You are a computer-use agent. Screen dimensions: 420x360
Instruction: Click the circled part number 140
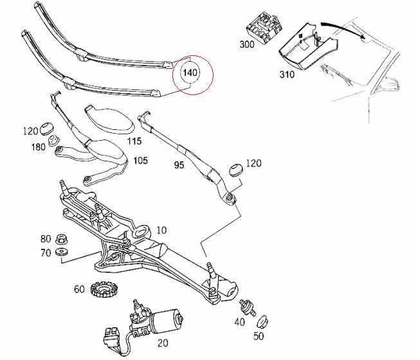[x=190, y=73]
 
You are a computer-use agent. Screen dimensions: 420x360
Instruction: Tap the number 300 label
[x=247, y=44]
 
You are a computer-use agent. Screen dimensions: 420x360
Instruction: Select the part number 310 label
[x=287, y=74]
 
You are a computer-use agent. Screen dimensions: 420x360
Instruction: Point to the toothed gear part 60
[x=101, y=289]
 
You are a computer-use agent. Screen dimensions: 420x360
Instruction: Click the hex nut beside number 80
[x=61, y=239]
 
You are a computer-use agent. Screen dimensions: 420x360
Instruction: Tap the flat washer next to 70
[x=61, y=252]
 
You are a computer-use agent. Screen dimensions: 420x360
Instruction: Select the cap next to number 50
[x=262, y=322]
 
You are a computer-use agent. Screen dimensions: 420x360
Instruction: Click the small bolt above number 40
[x=248, y=307]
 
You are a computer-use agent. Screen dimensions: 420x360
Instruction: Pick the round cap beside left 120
[x=47, y=128]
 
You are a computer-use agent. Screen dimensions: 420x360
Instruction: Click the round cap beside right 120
[x=236, y=170]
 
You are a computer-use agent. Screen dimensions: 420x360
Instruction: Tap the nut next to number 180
[x=53, y=141]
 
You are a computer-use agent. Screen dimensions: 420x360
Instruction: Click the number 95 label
[x=179, y=165]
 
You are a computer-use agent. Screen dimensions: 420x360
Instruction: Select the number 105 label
[x=141, y=161]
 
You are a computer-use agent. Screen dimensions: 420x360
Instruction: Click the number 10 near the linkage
[x=161, y=230]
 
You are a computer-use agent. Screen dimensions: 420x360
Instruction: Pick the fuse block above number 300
[x=264, y=27]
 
